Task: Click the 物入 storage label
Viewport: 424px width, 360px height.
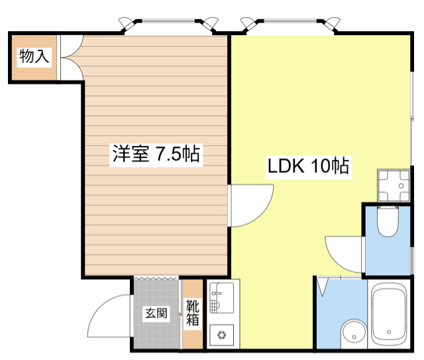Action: tap(34, 56)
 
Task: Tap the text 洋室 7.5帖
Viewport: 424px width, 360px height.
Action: tap(156, 153)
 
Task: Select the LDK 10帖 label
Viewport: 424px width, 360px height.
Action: tap(308, 166)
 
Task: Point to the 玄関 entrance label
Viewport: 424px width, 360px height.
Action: tap(156, 313)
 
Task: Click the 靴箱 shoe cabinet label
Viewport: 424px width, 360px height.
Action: tap(193, 312)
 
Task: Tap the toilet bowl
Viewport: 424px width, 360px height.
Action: tap(388, 221)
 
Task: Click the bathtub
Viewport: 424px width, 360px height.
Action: tap(389, 316)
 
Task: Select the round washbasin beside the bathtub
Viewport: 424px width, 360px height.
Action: tap(354, 333)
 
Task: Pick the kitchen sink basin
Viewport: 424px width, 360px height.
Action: tap(222, 298)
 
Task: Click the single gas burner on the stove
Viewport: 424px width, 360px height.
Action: tap(222, 335)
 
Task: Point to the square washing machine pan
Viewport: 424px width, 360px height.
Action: tap(394, 186)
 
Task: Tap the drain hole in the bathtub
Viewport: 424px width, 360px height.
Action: tap(389, 332)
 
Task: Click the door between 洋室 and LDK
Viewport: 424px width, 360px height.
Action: tap(250, 205)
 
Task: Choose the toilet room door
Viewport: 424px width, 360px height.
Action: tap(344, 255)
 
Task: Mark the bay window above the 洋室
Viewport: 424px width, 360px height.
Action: tap(168, 26)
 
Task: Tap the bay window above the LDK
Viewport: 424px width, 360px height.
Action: tap(290, 26)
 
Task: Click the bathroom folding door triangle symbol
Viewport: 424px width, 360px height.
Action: tap(323, 287)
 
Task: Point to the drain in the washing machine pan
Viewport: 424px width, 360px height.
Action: tap(401, 186)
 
